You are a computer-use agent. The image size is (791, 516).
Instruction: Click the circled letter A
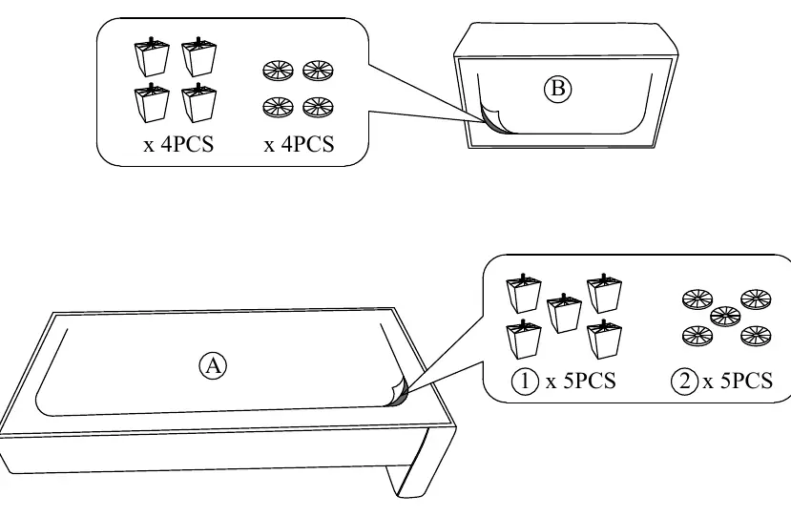213,365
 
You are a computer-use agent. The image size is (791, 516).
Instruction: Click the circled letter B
557,90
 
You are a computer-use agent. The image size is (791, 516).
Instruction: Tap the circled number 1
525,381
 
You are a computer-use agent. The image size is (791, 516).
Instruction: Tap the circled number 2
684,381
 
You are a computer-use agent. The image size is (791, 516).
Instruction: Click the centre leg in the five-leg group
564,313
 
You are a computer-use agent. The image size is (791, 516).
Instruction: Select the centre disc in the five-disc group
725,316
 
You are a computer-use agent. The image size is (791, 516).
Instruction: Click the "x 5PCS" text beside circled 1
581,381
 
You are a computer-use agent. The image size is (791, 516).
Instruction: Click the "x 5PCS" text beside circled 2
738,381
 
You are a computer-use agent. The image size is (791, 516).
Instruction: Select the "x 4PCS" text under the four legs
178,145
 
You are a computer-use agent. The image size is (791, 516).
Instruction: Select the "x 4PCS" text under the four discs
299,145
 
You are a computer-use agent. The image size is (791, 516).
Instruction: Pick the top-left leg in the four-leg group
152,56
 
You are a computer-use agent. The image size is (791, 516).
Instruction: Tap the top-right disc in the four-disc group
318,71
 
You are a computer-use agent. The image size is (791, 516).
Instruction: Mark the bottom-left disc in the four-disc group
278,107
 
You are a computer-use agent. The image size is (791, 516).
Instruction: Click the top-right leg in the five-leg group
604,293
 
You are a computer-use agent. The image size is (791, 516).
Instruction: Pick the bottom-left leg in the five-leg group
524,339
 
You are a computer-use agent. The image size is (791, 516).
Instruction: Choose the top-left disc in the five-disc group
697,299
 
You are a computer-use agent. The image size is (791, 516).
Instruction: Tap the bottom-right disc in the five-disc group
757,336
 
